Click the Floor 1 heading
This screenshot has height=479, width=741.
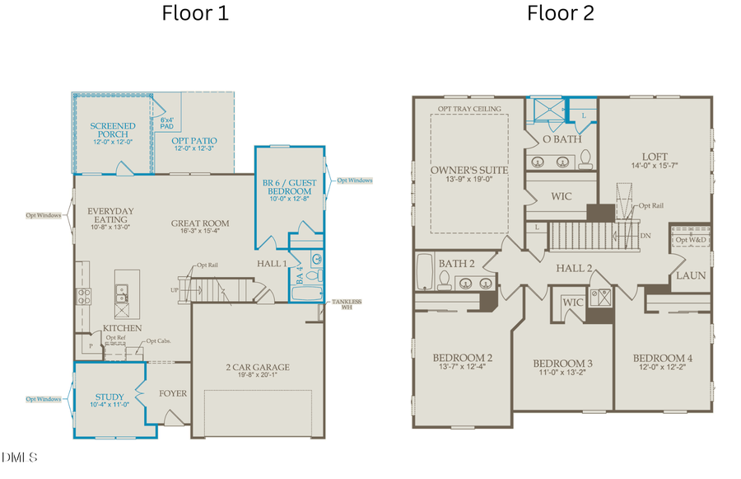coord(195,14)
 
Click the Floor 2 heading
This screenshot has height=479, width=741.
coord(561,14)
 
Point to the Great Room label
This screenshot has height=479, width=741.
coord(200,223)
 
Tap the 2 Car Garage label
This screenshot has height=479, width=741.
coord(258,368)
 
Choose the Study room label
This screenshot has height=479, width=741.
coord(109,397)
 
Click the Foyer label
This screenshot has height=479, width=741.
coord(174,393)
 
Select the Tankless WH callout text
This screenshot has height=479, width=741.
coord(346,305)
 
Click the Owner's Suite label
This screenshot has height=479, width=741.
coord(468,171)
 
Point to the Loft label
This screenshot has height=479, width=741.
coord(655,157)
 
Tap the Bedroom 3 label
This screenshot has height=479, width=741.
coord(562,364)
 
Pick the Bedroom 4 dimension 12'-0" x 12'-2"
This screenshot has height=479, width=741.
coord(662,369)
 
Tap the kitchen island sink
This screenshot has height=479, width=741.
coord(122,290)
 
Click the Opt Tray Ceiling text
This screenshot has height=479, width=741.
coord(468,109)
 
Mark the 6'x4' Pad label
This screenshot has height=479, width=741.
coord(167,124)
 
